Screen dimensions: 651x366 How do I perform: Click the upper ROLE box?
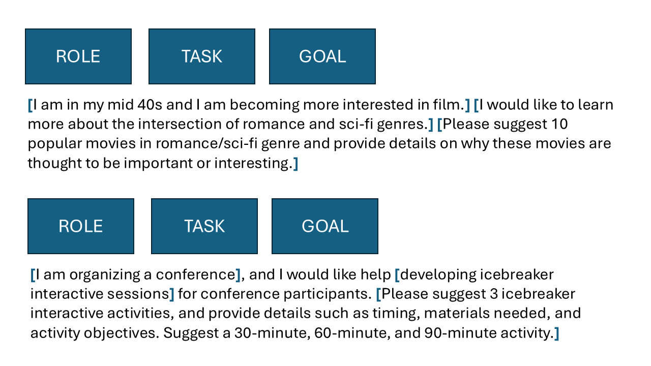click(78, 56)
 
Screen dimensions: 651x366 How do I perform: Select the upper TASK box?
click(202, 56)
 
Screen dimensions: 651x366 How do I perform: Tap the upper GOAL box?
click(322, 56)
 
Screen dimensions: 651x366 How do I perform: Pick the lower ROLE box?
click(81, 226)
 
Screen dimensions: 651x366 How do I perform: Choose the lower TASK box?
click(204, 226)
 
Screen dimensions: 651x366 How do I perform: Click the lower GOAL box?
click(325, 226)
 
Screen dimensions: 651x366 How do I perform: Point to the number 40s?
click(150, 105)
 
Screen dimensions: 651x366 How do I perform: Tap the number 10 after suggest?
click(559, 124)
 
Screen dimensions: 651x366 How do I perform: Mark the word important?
click(158, 164)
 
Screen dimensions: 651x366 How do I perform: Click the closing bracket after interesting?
click(295, 164)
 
